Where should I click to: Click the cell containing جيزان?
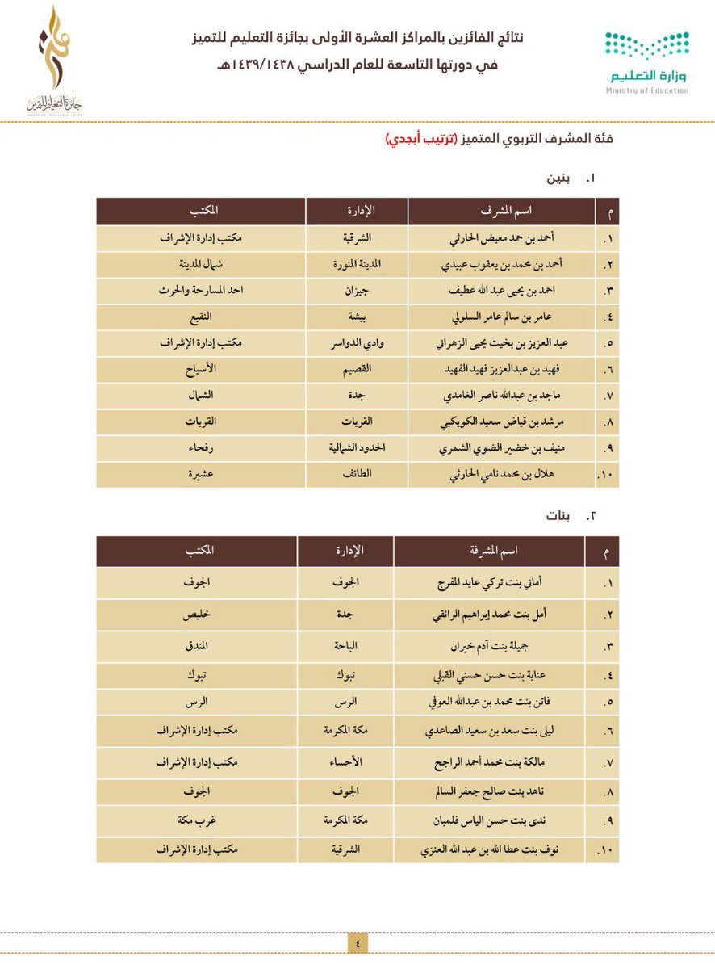(357, 292)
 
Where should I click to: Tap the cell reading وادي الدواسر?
(357, 343)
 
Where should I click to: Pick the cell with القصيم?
(357, 370)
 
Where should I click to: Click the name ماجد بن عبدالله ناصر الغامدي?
(501, 396)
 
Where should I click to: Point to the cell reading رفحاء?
(200, 448)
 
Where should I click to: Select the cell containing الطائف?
(357, 475)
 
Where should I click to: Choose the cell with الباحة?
(345, 647)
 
